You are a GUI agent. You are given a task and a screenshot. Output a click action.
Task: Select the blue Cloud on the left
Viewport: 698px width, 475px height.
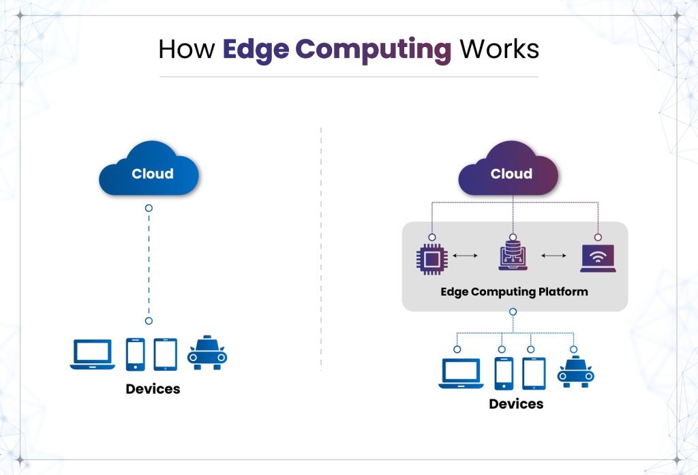tap(149, 170)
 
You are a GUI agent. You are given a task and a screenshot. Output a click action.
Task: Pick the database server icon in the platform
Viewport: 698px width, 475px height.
tap(512, 256)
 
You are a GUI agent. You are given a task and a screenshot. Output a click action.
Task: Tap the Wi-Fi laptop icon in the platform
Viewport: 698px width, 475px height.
tap(598, 258)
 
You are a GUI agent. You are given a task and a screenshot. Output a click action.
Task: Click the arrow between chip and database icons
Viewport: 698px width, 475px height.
tap(465, 256)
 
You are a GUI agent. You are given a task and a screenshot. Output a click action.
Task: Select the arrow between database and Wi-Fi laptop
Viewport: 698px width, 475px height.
tap(553, 256)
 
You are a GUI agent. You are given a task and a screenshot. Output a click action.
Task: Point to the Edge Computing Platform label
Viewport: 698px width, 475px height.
tap(514, 292)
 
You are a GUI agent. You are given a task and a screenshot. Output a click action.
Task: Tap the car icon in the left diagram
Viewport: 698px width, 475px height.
tap(207, 353)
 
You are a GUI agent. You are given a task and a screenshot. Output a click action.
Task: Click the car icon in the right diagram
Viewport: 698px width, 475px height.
tap(575, 372)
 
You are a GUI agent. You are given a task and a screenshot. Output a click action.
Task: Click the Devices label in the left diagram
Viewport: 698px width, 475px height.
tap(153, 389)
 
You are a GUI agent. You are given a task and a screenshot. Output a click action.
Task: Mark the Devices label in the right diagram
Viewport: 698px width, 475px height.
tap(516, 404)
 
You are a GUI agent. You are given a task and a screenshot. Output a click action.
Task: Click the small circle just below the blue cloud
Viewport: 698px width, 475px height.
tap(149, 207)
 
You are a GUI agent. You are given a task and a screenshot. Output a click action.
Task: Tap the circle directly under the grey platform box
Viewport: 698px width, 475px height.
tap(513, 311)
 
